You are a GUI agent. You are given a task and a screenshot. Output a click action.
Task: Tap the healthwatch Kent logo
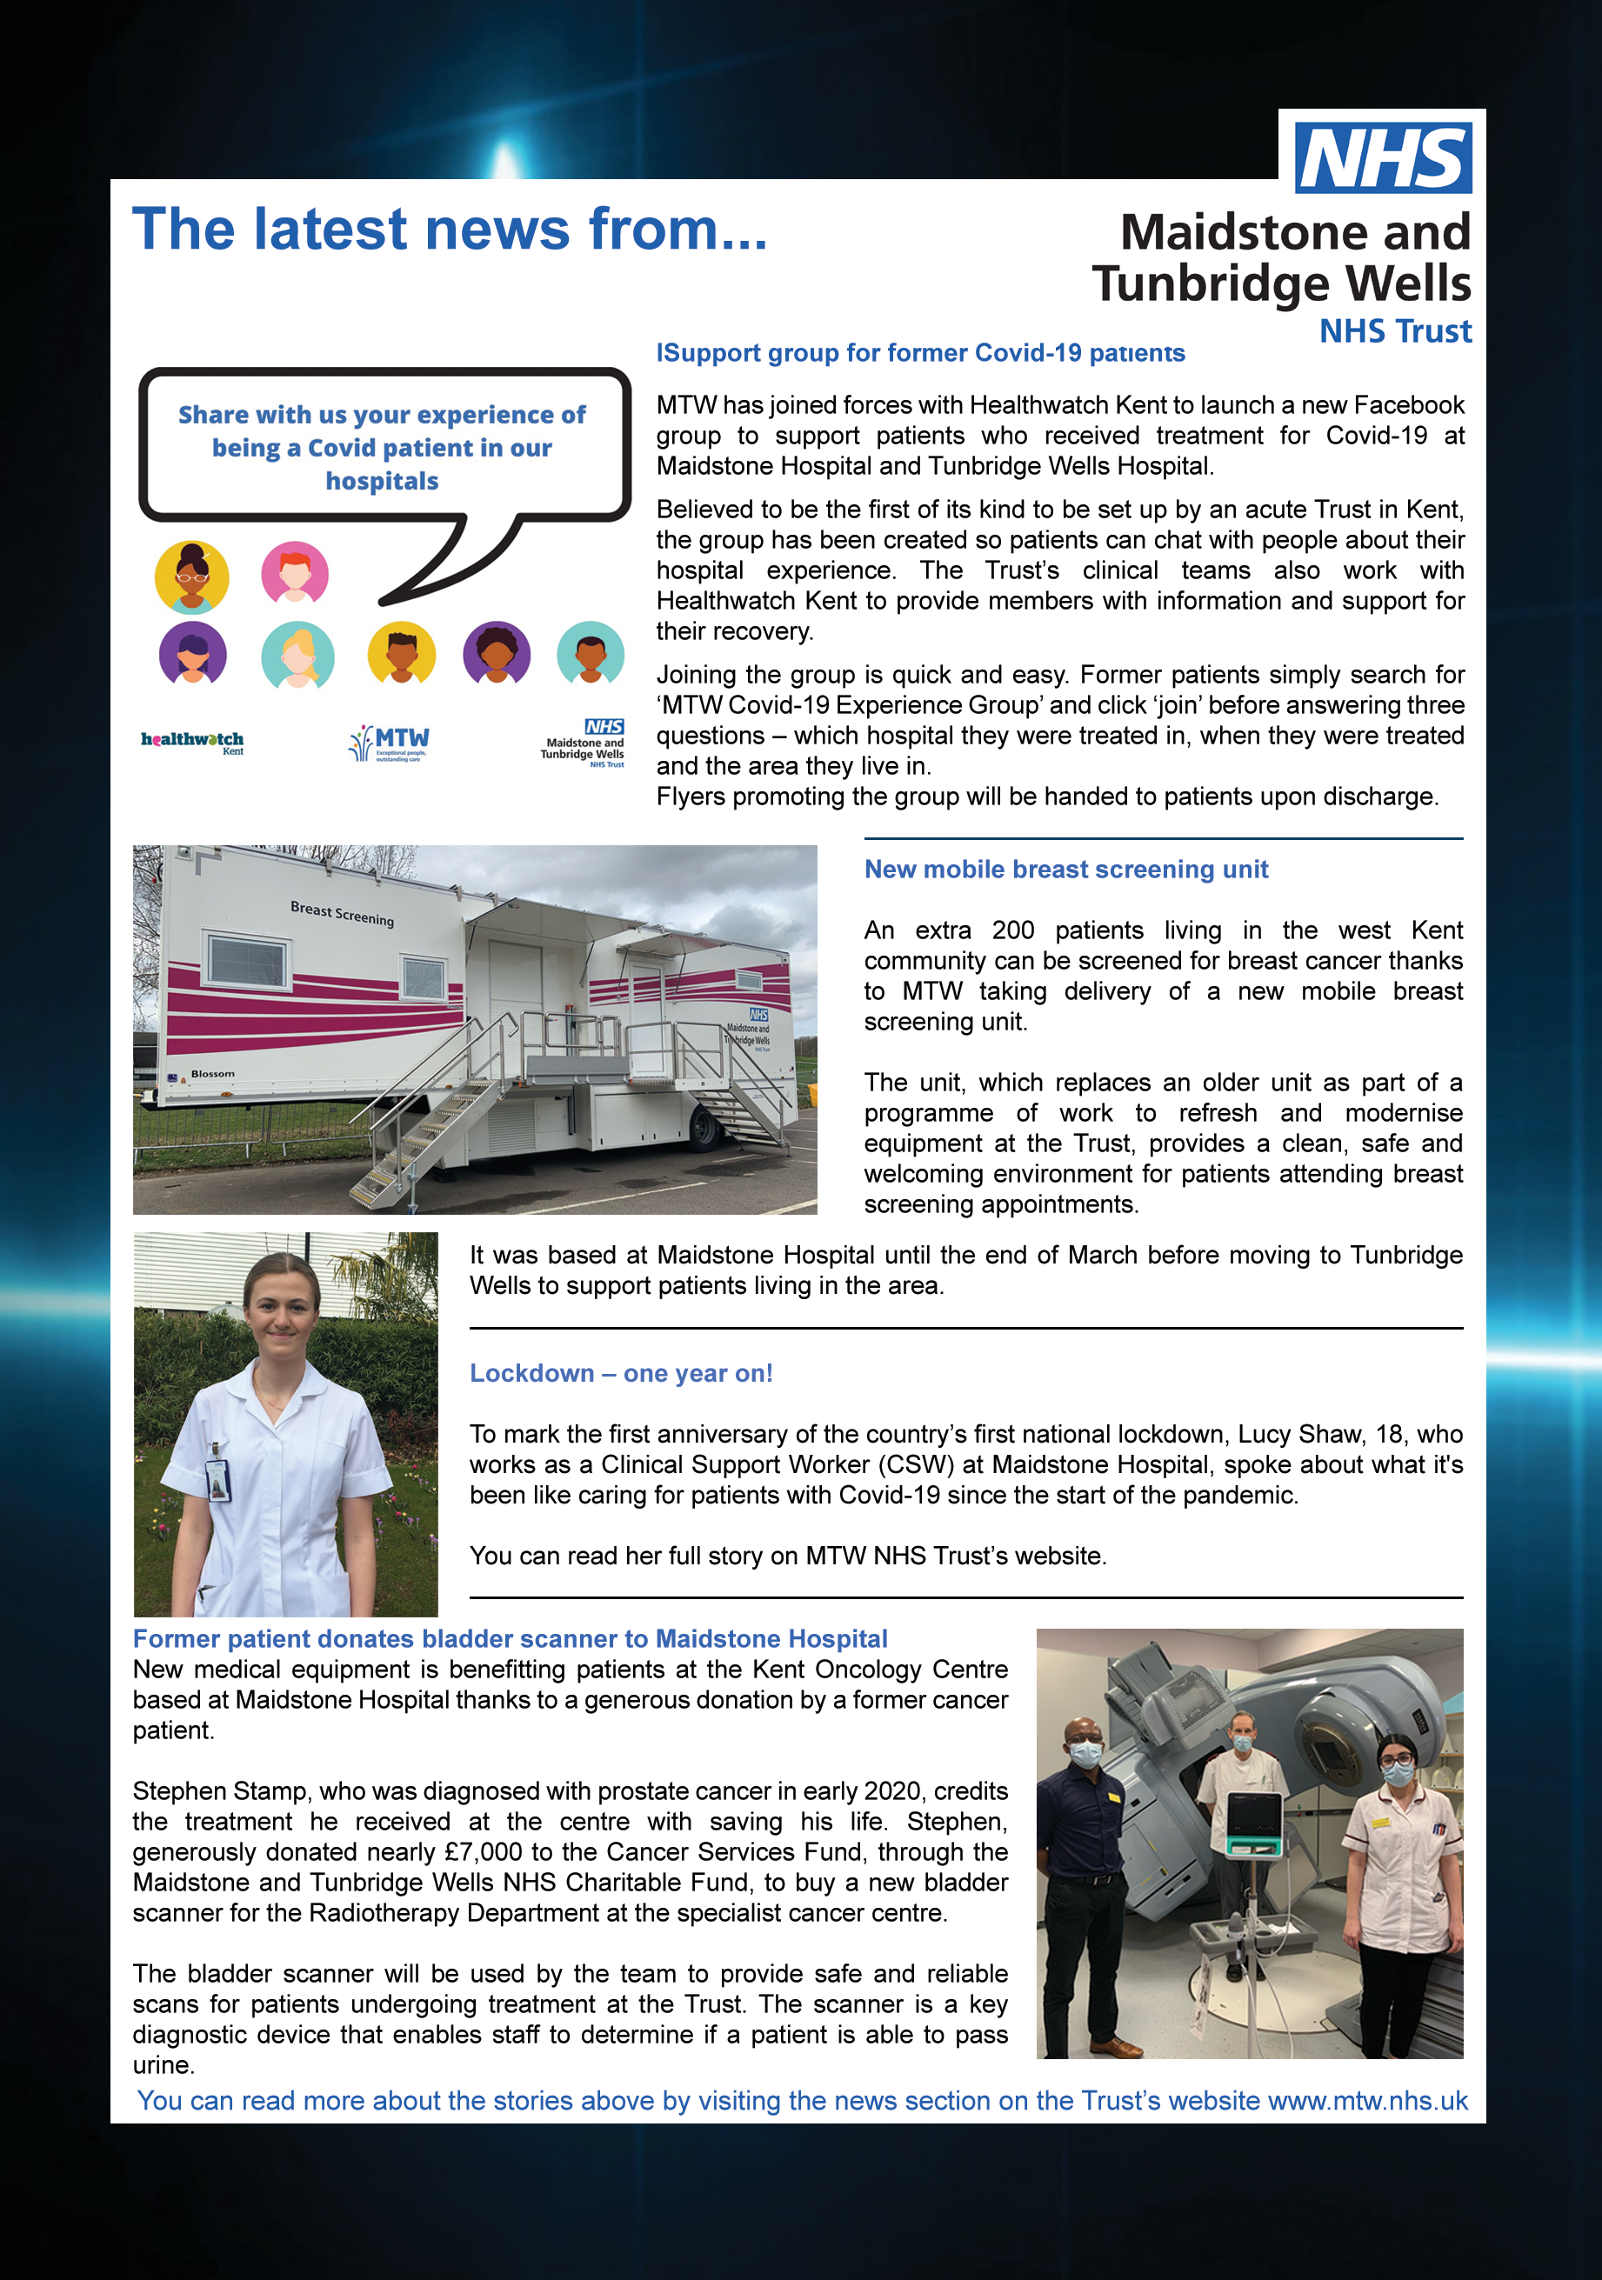point(193,742)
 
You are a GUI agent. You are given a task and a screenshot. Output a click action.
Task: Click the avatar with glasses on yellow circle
point(191,577)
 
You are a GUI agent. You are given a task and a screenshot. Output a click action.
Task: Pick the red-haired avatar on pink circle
point(295,573)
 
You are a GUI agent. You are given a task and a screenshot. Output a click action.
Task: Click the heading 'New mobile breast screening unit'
point(1065,869)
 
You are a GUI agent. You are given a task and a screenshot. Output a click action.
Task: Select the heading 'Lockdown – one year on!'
point(621,1373)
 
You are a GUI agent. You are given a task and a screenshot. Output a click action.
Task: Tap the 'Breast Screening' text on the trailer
point(342,912)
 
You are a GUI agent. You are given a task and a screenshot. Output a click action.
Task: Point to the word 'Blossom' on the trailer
point(212,1073)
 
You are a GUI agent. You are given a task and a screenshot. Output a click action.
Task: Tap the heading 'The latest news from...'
point(450,230)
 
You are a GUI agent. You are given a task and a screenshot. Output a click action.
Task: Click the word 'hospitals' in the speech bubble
point(383,482)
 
